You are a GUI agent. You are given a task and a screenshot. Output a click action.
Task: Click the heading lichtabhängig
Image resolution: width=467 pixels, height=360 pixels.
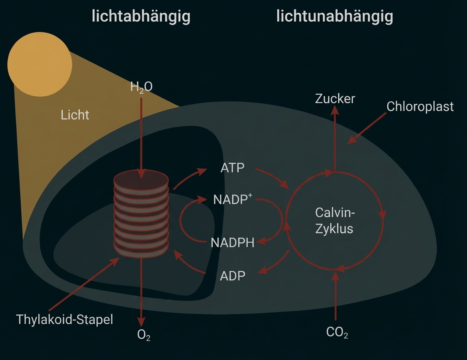coord(141,17)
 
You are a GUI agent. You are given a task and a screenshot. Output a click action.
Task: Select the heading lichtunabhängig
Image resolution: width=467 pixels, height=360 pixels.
coord(334,17)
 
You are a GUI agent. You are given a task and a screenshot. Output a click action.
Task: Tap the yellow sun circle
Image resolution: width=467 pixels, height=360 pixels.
coord(39,64)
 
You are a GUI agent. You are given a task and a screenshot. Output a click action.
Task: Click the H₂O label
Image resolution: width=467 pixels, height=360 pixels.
coord(141,87)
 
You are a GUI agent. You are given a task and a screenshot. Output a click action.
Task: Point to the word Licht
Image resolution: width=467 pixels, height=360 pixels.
coord(75,115)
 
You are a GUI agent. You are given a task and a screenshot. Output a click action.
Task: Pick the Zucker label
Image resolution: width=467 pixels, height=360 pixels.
coord(335,99)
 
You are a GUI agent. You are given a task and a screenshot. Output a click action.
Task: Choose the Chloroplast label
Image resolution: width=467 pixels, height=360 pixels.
coord(420,107)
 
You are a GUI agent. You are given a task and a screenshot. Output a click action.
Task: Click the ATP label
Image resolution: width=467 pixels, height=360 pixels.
coord(232,168)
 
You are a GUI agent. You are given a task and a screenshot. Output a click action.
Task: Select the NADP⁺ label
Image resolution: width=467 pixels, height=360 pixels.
coord(232,199)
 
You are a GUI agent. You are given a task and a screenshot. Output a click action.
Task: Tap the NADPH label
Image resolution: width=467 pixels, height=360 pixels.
coord(232,242)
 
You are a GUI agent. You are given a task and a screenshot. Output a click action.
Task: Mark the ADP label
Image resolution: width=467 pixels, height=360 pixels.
coord(232,276)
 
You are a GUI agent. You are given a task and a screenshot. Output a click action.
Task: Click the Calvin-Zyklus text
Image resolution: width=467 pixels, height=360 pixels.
coord(335,221)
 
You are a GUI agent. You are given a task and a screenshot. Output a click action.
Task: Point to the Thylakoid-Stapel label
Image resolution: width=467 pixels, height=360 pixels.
coord(65,319)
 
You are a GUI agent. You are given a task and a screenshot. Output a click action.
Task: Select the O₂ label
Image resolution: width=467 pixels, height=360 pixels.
coord(144,335)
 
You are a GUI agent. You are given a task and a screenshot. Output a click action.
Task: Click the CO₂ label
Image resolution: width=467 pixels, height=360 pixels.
coord(337,332)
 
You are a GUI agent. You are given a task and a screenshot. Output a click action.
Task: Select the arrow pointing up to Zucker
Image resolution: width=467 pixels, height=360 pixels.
coord(335,138)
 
